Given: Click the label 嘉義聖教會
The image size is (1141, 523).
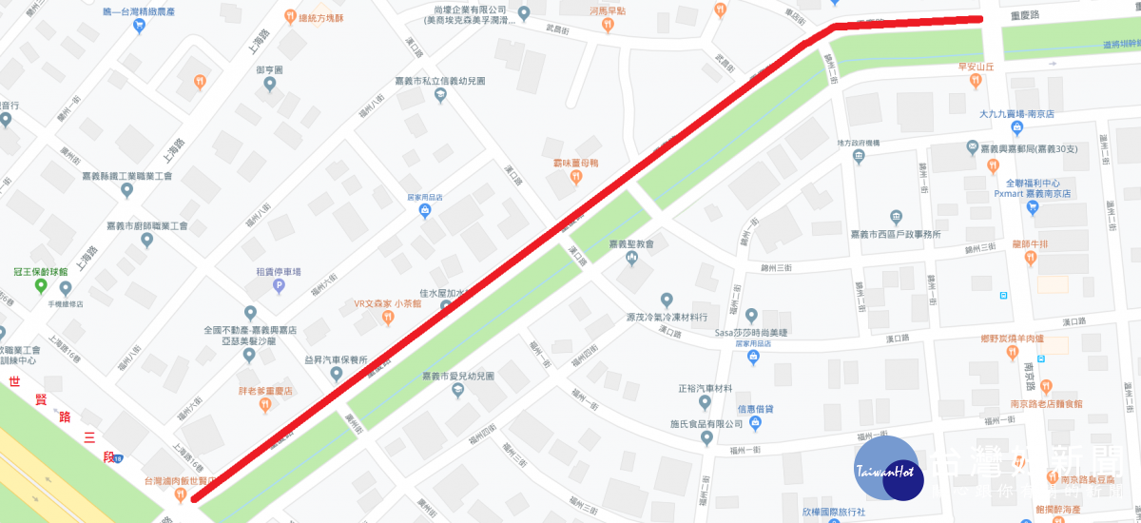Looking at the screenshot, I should point(632,244).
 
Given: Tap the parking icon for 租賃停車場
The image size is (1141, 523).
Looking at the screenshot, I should point(279,284).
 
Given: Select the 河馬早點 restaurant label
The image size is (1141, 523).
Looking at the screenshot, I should point(608,10).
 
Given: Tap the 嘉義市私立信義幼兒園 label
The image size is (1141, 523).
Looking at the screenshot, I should point(440,82).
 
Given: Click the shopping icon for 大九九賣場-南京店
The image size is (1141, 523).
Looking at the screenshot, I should point(1016,127).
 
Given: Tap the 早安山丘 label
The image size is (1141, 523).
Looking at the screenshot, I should point(976,67).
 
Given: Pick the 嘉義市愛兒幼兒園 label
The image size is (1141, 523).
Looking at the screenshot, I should point(458,377).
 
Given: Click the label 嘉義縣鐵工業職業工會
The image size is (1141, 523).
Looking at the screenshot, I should point(126,176).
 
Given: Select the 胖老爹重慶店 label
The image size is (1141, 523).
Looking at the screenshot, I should point(265,391).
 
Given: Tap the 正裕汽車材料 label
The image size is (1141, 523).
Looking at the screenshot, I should point(705,389).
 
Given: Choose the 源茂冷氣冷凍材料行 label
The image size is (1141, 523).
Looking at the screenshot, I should point(667,317).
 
